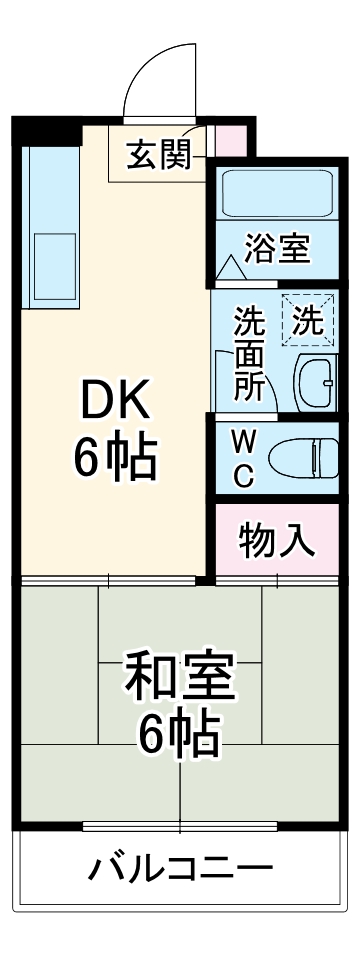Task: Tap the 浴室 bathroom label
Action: (278, 247)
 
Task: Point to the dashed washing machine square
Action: (308, 321)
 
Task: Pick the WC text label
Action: (243, 458)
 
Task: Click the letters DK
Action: (115, 403)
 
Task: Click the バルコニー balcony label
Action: (180, 867)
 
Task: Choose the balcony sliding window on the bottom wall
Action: (180, 826)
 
